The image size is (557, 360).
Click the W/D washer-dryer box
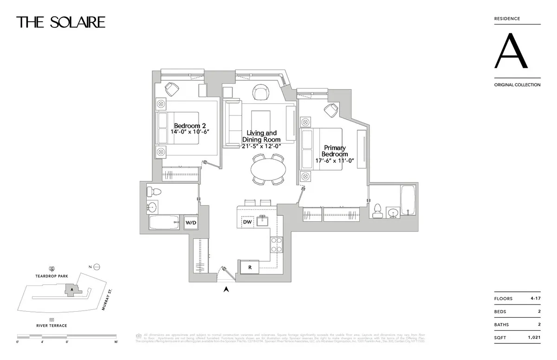click(191, 223)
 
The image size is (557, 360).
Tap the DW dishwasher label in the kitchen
click(247, 222)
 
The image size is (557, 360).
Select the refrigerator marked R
click(250, 267)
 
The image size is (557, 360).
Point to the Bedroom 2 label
click(190, 126)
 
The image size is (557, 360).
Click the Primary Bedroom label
click(335, 151)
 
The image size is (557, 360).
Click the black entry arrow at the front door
click(227, 289)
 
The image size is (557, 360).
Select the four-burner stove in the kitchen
click(277, 244)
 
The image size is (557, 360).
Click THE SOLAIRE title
click(61, 22)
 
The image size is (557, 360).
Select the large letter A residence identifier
click(511, 51)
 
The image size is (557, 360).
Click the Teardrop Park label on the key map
click(52, 276)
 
